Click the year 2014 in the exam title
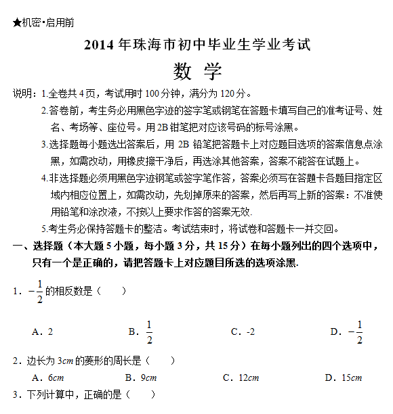100,47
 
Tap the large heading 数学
196,71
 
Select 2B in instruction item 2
163,127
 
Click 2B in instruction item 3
183,144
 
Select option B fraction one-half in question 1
148,331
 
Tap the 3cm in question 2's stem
66,361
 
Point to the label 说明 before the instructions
23,93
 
